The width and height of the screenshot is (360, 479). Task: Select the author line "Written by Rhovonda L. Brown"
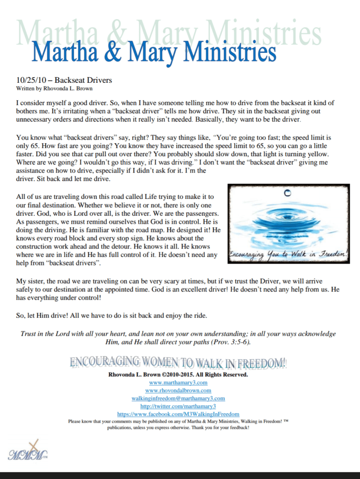click(x=54, y=88)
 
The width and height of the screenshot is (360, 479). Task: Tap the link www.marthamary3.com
click(x=178, y=382)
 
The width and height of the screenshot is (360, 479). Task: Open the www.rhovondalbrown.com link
click(x=178, y=390)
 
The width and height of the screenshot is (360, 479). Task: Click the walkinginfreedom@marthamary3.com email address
click(x=178, y=398)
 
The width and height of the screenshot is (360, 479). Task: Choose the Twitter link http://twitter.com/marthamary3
click(x=178, y=406)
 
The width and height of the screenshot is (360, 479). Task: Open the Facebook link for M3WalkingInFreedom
click(x=178, y=414)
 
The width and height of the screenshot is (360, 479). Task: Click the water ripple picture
click(x=288, y=223)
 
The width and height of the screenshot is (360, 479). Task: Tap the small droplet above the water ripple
click(x=288, y=192)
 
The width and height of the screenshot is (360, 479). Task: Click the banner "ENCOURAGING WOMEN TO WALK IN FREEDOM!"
click(x=178, y=363)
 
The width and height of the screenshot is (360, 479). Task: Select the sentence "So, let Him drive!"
click(x=41, y=316)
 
